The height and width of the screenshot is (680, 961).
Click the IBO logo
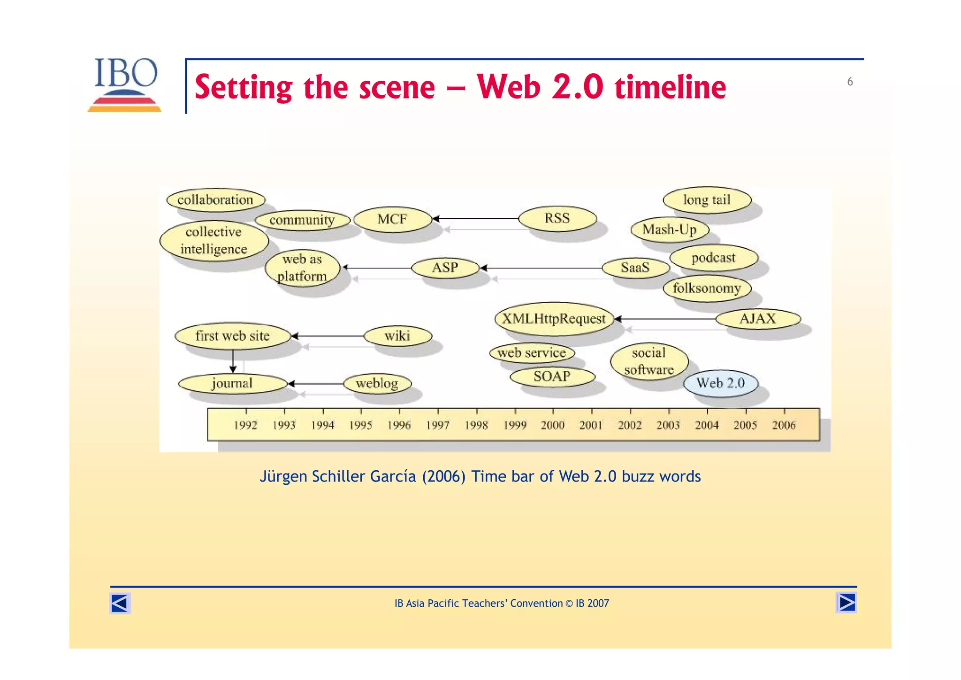[x=125, y=84]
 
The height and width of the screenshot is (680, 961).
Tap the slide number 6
[x=850, y=82]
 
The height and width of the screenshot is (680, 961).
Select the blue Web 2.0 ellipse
[x=720, y=383]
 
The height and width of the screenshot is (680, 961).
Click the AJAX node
[x=758, y=319]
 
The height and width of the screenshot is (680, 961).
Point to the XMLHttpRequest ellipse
[x=554, y=319]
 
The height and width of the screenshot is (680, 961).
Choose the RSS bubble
[x=557, y=218]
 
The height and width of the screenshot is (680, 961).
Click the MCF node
[x=392, y=219]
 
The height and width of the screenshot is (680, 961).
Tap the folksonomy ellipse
[x=707, y=288]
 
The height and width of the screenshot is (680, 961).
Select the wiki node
[x=397, y=336]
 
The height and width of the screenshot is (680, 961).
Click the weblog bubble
[x=377, y=383]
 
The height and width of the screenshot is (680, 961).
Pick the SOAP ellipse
[x=552, y=376]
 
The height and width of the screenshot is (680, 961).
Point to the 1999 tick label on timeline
[x=515, y=425]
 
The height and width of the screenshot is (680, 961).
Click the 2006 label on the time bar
[x=784, y=425]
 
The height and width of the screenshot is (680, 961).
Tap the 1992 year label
[x=245, y=425]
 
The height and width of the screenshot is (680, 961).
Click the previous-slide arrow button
[x=120, y=603]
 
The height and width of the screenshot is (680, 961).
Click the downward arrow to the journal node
[x=233, y=361]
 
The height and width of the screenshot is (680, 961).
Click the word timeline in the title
[x=671, y=87]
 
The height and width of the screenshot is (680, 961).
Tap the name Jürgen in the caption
[x=284, y=476]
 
